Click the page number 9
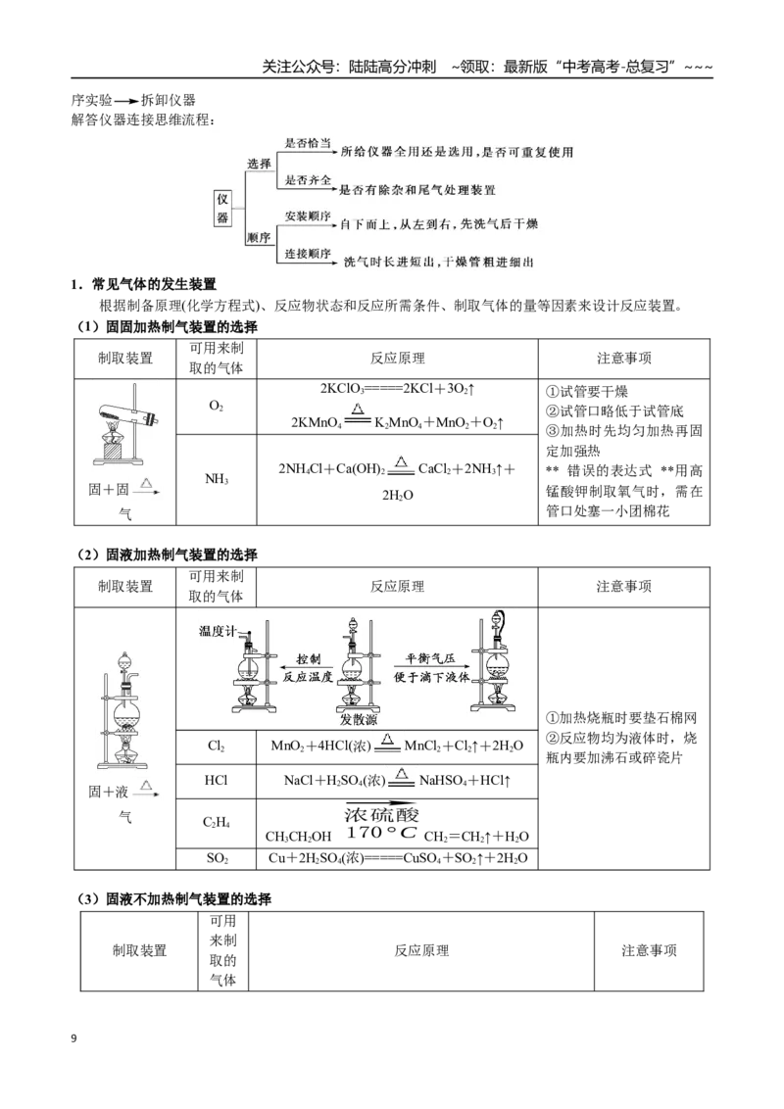tap(74, 1038)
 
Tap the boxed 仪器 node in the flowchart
tap(222, 208)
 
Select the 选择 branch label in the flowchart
tap(259, 164)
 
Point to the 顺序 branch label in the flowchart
tap(259, 238)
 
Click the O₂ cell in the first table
tap(216, 406)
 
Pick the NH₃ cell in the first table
tap(217, 479)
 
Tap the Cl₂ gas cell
tap(216, 747)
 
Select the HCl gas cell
tap(216, 780)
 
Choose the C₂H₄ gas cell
tap(216, 822)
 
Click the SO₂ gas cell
tap(217, 858)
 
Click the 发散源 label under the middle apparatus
tap(358, 720)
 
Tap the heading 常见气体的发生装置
tap(154, 284)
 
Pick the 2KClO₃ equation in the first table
tap(398, 389)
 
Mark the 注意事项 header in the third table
tap(649, 950)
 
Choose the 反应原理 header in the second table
tap(398, 586)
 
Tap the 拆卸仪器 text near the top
tap(169, 101)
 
